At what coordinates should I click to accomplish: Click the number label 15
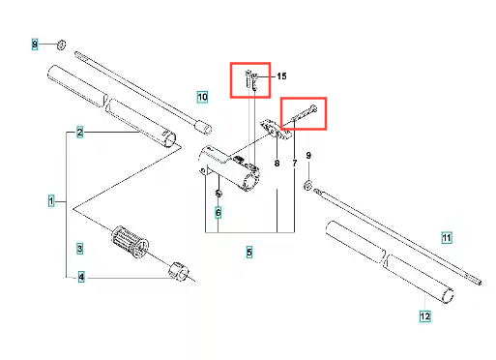click(x=281, y=76)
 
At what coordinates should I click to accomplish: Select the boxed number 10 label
click(x=202, y=97)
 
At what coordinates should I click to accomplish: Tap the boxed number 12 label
click(x=425, y=316)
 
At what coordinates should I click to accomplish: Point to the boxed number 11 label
click(x=447, y=238)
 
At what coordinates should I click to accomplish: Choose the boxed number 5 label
click(x=249, y=252)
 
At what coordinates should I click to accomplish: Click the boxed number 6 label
click(x=219, y=213)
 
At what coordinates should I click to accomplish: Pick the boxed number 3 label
click(x=80, y=249)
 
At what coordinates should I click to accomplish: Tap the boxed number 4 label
click(x=81, y=277)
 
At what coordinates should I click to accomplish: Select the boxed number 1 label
click(x=51, y=201)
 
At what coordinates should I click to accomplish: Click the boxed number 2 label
click(x=80, y=133)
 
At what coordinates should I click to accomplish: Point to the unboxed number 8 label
click(x=277, y=164)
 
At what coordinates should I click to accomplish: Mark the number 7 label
click(x=294, y=164)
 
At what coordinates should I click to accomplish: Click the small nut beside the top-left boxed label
click(x=61, y=45)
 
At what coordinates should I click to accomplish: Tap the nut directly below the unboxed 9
click(x=307, y=185)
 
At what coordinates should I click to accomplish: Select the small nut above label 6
click(x=219, y=194)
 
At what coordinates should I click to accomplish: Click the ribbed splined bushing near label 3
click(x=130, y=242)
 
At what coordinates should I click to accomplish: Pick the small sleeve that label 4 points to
click(x=179, y=271)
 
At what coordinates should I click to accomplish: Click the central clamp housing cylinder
click(x=229, y=167)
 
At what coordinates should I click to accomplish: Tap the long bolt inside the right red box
click(x=305, y=113)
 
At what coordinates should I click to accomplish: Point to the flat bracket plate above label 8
click(x=276, y=130)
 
